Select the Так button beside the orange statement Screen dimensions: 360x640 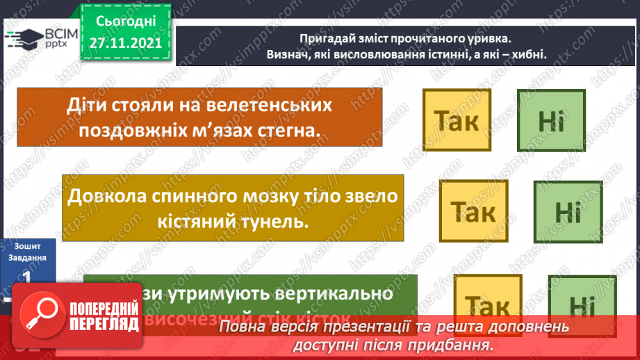point(456,120)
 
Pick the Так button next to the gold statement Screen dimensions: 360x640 point(473,211)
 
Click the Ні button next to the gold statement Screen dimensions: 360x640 point(568,212)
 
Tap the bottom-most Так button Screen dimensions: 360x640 point(486,304)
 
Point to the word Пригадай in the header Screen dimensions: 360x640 point(329,39)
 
